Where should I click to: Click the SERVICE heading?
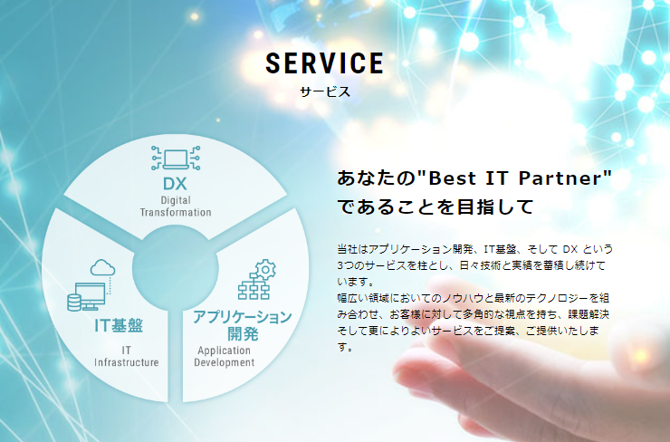pyautogui.click(x=325, y=63)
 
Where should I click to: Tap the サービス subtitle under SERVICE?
pyautogui.click(x=325, y=91)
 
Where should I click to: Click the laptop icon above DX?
pyautogui.click(x=176, y=158)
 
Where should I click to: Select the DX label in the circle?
pyautogui.click(x=175, y=184)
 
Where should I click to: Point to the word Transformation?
pyautogui.click(x=176, y=213)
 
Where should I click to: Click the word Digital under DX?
pyautogui.click(x=176, y=200)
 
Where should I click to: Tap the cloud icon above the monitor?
pyautogui.click(x=102, y=267)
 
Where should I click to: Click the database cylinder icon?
pyautogui.click(x=74, y=303)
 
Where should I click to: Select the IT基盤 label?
pyautogui.click(x=119, y=325)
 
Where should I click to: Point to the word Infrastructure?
pyautogui.click(x=127, y=362)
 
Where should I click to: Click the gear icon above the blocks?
pyautogui.click(x=265, y=270)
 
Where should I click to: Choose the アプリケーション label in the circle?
pyautogui.click(x=243, y=317)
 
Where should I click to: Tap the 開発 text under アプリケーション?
pyautogui.click(x=243, y=334)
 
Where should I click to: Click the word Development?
pyautogui.click(x=225, y=362)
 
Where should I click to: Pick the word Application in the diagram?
pyautogui.click(x=224, y=351)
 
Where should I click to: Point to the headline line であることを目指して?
pyautogui.click(x=435, y=207)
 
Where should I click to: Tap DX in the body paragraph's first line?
pyautogui.click(x=570, y=249)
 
